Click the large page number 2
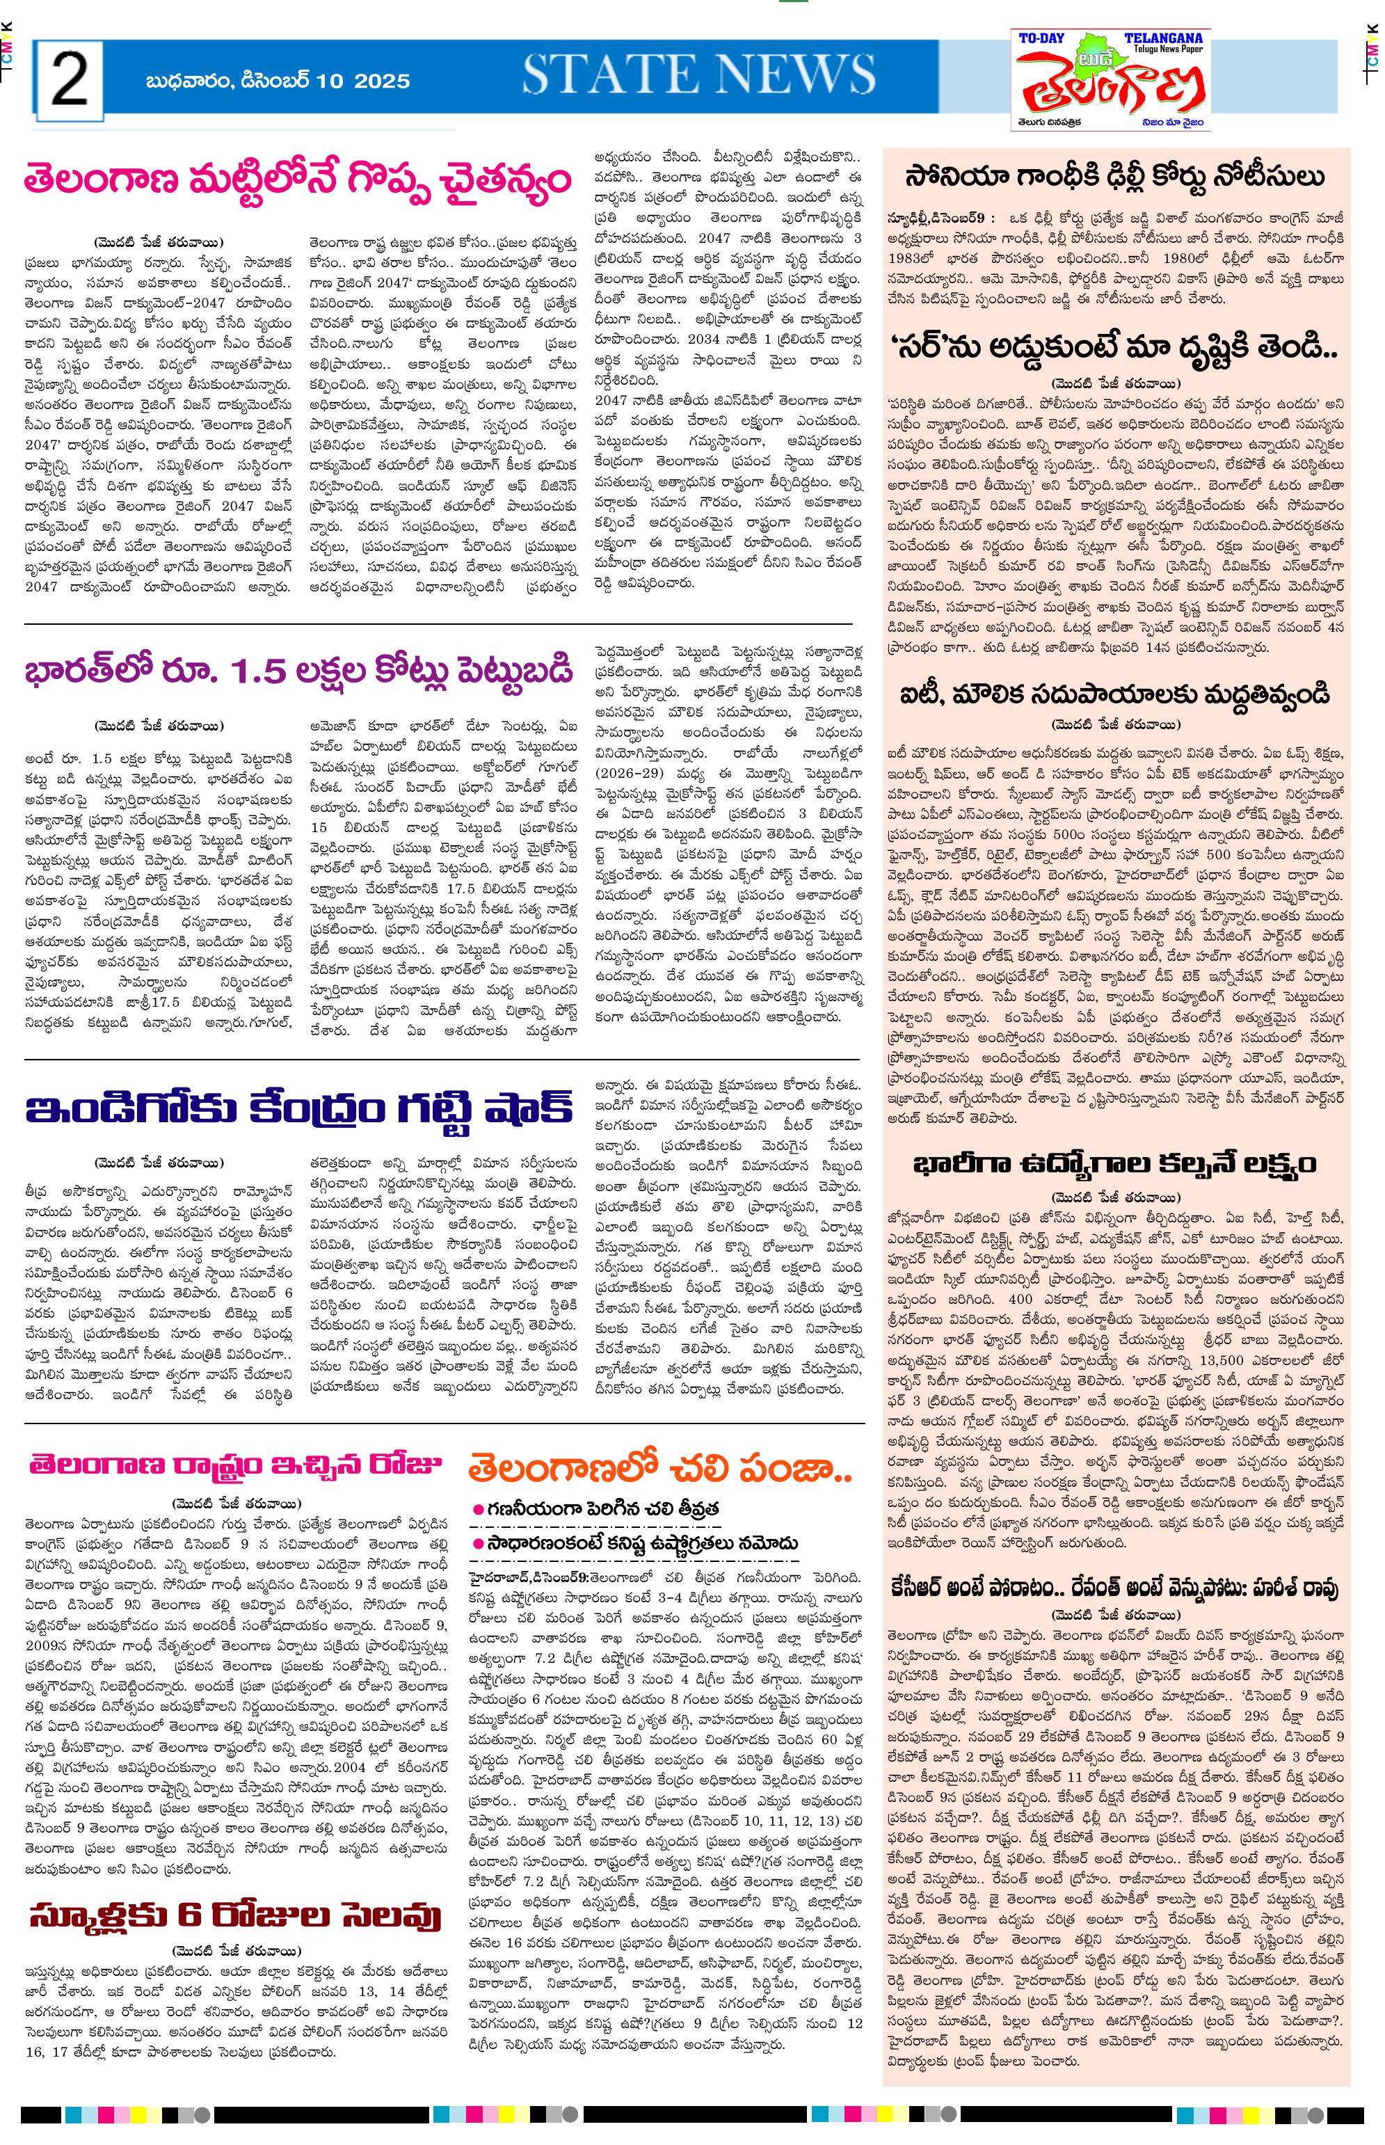click(70, 80)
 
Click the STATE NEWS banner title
click(699, 74)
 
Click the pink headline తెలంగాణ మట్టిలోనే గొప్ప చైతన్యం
click(298, 179)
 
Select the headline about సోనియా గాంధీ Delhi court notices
click(1115, 175)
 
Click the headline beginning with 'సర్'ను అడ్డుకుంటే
click(1115, 344)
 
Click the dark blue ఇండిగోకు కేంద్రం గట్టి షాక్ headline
click(298, 1109)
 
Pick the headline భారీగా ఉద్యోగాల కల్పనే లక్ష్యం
click(1115, 1164)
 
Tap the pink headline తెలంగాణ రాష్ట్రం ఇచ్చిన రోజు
click(236, 1464)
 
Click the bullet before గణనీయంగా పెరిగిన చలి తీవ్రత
click(479, 1508)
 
